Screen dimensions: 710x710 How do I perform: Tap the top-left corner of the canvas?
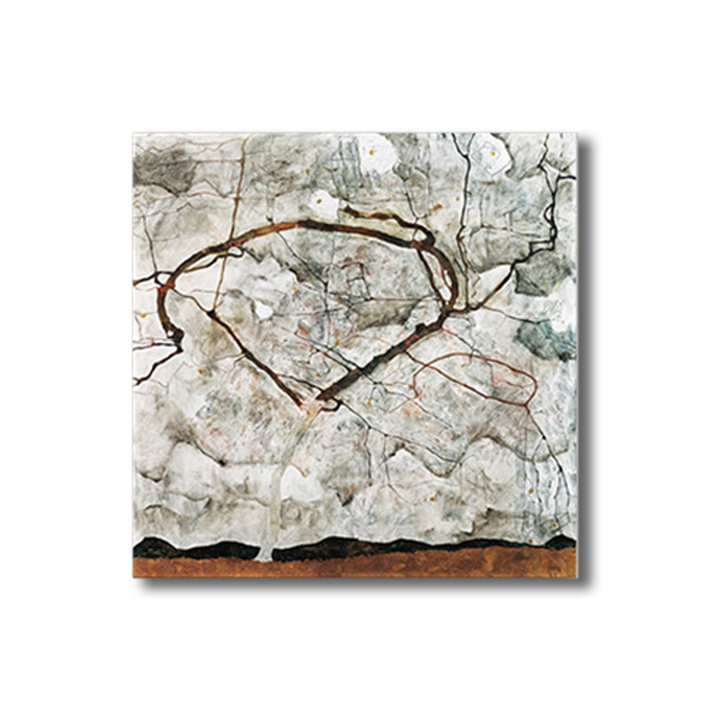point(134,134)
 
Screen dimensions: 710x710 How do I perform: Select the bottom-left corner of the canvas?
point(134,576)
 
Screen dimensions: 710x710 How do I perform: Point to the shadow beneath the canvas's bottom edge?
point(355,582)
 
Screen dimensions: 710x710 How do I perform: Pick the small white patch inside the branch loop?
point(263,311)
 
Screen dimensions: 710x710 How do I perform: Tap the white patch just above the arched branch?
point(323,205)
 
